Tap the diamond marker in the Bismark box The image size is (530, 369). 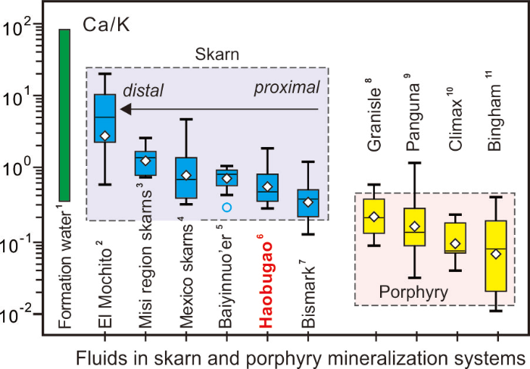[307, 202]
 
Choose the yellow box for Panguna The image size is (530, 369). [414, 226]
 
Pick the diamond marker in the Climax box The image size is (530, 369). [455, 244]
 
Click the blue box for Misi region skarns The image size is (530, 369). [145, 163]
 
